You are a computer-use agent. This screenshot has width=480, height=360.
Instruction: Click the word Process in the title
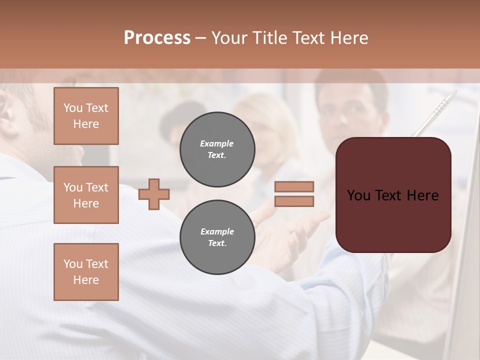[157, 38]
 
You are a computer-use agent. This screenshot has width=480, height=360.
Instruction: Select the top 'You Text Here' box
[86, 116]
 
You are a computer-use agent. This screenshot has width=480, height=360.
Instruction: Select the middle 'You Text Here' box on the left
[86, 195]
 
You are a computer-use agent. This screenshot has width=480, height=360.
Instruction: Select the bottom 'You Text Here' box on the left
[86, 272]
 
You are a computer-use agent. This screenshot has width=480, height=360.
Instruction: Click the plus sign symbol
[154, 194]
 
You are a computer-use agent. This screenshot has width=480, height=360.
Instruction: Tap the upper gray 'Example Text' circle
[217, 149]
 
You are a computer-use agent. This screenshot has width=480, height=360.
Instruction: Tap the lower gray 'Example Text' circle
[217, 237]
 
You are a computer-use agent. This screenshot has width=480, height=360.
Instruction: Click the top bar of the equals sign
[294, 186]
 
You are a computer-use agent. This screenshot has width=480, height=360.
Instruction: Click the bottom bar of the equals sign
[294, 201]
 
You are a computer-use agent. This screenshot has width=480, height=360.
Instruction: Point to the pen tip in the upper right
[454, 93]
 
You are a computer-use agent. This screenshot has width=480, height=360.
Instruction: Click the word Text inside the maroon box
[393, 195]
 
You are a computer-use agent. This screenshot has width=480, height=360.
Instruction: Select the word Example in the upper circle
[217, 143]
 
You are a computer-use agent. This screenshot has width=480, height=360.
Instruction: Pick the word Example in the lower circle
[217, 231]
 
